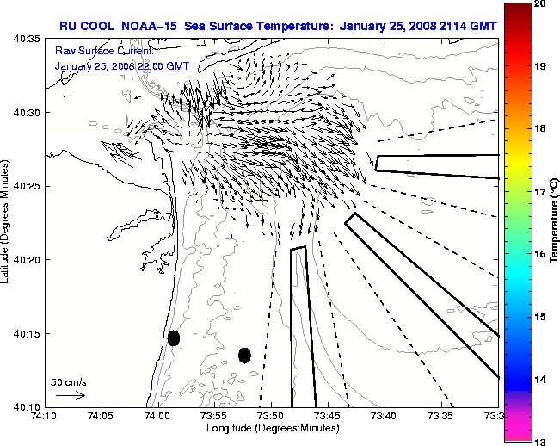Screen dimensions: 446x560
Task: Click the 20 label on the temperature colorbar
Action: (x=539, y=4)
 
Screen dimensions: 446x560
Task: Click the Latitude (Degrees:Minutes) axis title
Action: (x=7, y=221)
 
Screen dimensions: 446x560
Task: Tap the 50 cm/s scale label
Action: (x=69, y=381)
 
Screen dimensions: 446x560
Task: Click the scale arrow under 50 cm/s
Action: (x=70, y=395)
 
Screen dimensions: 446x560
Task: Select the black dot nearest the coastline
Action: (x=174, y=338)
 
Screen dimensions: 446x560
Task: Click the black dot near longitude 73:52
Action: (x=244, y=355)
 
